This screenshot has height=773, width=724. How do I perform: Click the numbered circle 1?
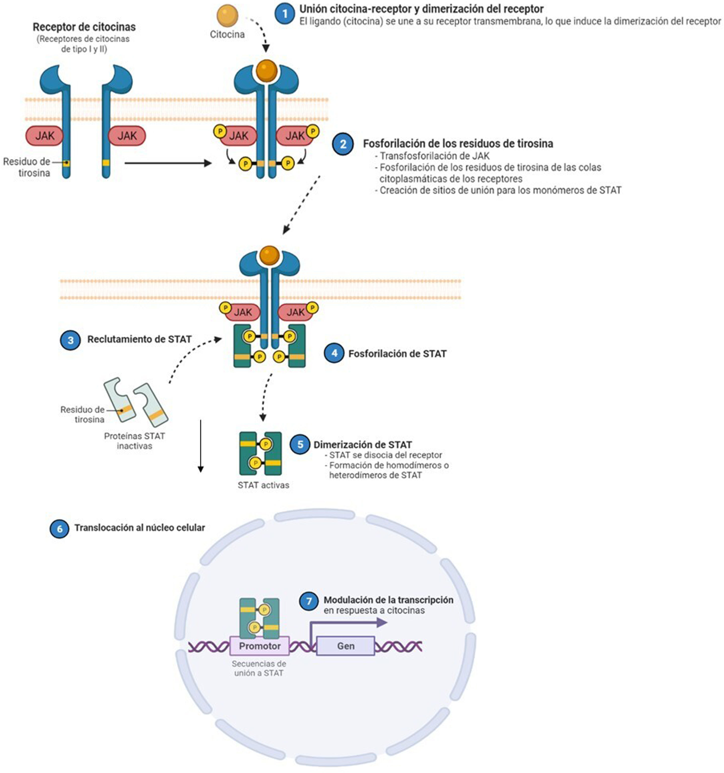click(285, 14)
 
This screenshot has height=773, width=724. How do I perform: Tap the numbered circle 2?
click(343, 144)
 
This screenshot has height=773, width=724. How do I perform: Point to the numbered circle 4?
click(335, 353)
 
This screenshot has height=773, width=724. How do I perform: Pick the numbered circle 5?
click(300, 444)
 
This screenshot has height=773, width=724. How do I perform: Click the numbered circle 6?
click(60, 529)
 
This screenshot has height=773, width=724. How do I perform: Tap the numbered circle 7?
click(309, 601)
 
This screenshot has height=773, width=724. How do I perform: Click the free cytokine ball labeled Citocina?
click(227, 16)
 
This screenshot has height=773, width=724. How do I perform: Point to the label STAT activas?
click(264, 485)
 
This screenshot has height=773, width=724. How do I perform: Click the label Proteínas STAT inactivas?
click(135, 441)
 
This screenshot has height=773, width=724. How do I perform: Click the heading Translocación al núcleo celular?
click(139, 528)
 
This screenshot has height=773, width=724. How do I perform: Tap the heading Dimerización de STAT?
click(363, 444)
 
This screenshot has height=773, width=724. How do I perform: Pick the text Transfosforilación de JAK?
click(435, 156)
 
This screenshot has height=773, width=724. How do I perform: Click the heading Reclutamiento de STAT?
click(139, 339)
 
